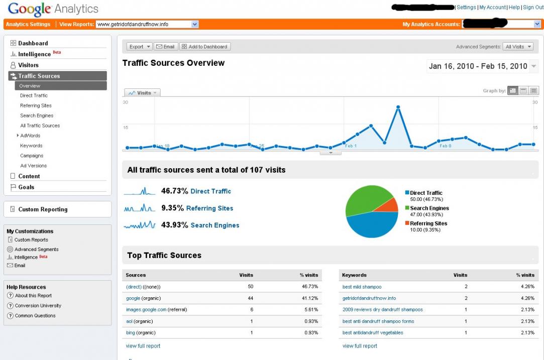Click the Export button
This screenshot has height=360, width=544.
click(139, 47)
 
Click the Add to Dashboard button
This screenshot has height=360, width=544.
click(205, 47)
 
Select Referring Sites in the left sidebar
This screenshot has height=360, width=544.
click(36, 105)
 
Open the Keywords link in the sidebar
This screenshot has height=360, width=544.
click(31, 146)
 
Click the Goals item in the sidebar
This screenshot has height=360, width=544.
click(26, 187)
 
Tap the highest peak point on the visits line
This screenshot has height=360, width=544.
click(398, 107)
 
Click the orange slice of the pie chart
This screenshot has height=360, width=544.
click(386, 205)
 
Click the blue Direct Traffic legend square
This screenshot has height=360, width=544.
click(407, 193)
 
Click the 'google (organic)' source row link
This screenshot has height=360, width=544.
click(133, 298)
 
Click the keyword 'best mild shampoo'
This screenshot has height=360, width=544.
click(362, 287)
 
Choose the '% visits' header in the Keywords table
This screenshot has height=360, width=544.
click(525, 275)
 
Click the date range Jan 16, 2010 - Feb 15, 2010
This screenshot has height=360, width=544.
click(478, 66)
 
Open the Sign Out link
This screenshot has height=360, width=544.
click(533, 8)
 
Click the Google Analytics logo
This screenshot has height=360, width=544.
click(53, 9)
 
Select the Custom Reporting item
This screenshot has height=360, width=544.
click(43, 209)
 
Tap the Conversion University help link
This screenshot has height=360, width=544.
click(38, 306)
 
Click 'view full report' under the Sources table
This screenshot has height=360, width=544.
click(143, 346)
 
